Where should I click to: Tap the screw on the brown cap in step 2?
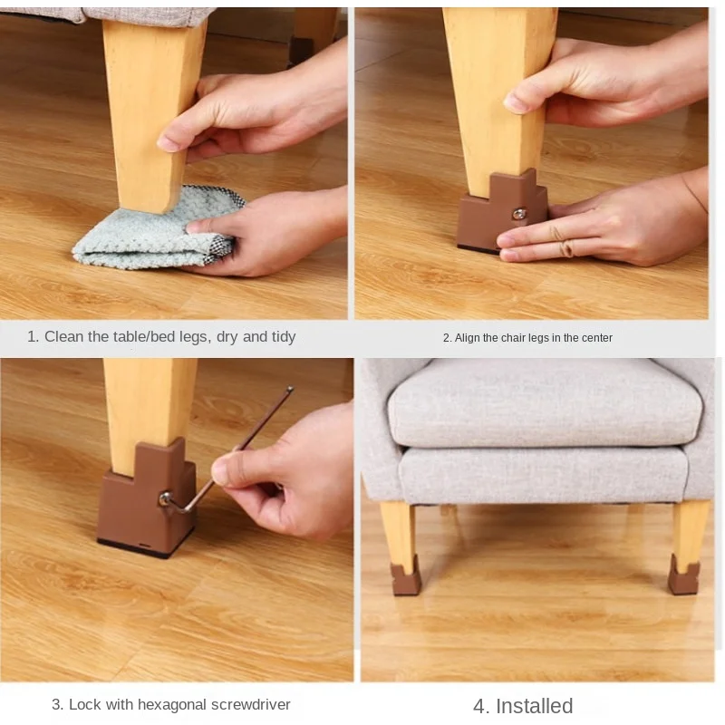[x=519, y=215]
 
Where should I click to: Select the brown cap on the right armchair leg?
[x=684, y=575]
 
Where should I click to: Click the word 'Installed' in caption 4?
[x=534, y=706]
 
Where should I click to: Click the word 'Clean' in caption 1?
[x=64, y=336]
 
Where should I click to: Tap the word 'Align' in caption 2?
[x=468, y=338]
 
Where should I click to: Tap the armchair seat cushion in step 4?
[x=544, y=403]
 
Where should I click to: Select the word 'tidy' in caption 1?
[x=283, y=336]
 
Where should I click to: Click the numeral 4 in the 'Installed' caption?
[x=478, y=706]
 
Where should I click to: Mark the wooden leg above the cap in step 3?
[x=150, y=403]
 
